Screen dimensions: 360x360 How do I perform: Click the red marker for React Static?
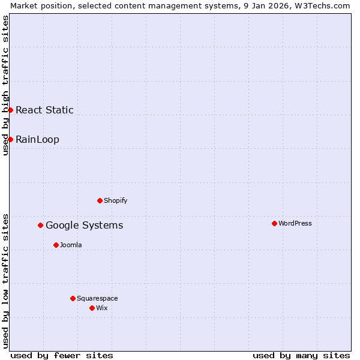[x=10, y=110]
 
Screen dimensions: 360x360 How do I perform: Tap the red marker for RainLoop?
[x=10, y=139]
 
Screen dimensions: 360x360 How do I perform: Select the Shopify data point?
[x=100, y=200]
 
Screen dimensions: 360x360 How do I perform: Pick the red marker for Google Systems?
[x=40, y=225]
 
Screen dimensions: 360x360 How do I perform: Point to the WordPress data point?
[x=274, y=223]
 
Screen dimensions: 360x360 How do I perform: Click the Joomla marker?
[x=56, y=245]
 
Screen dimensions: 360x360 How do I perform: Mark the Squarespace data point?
[x=73, y=298]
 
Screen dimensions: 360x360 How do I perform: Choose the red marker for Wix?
[x=92, y=308]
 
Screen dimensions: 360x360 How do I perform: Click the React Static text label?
[x=44, y=110]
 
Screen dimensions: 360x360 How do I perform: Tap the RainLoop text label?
[x=37, y=139]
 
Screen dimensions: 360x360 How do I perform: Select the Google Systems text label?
[x=84, y=225]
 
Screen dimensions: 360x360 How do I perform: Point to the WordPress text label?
[x=295, y=223]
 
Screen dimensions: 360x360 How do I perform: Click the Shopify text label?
[x=115, y=200]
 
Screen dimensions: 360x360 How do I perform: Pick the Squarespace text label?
[x=97, y=298]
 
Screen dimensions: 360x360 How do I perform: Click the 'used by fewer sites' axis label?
[x=62, y=355]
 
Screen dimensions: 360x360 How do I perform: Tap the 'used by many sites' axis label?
[x=301, y=355]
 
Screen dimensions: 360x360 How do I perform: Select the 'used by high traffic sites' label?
[x=5, y=85]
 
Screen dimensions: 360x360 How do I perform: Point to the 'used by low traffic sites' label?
[x=5, y=281]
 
